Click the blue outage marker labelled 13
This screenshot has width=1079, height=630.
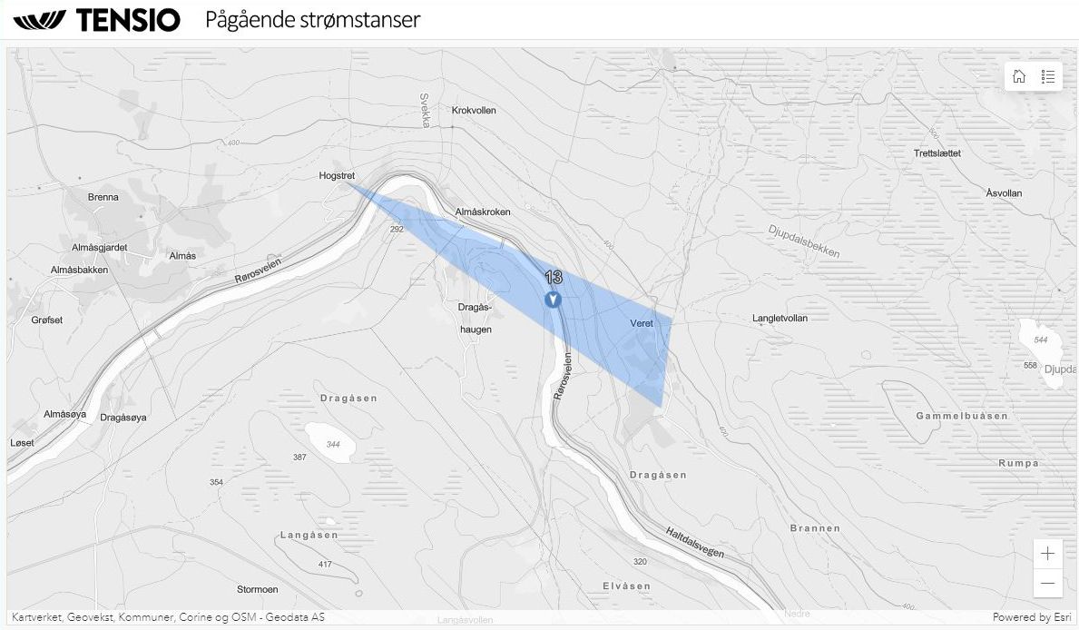tap(553, 299)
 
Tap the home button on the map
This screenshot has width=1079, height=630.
tap(1019, 76)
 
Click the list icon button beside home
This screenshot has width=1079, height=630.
tap(1048, 76)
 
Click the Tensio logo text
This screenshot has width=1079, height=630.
tap(127, 20)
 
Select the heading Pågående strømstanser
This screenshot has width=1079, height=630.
tap(312, 19)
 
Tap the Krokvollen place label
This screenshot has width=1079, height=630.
tap(474, 111)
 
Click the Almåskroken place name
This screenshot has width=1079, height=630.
tap(483, 212)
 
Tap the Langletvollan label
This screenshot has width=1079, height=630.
tap(780, 319)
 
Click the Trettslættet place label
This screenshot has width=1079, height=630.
tap(937, 153)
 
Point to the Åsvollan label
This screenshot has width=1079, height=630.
tap(1004, 194)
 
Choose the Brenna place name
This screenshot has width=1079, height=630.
tap(103, 198)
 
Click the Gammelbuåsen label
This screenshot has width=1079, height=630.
tap(962, 416)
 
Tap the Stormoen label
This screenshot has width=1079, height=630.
tap(257, 590)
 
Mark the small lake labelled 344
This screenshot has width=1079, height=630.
tap(330, 443)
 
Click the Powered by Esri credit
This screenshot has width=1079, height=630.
tap(1032, 617)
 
